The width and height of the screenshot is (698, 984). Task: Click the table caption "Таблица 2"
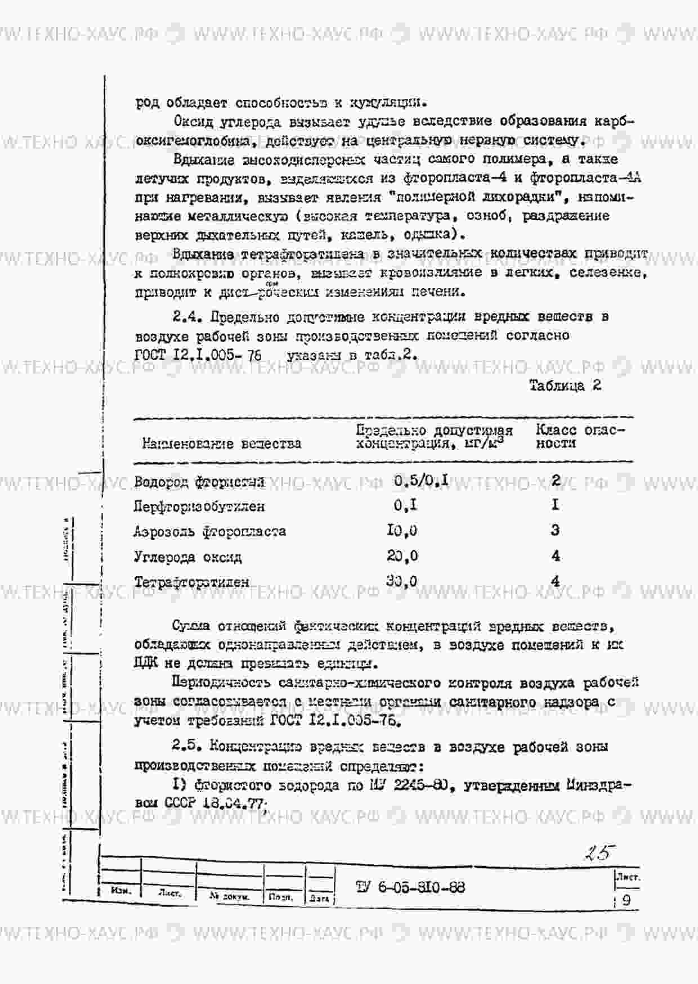coord(565,385)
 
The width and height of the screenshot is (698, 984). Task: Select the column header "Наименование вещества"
coord(221,443)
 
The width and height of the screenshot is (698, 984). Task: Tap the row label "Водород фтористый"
coord(199,482)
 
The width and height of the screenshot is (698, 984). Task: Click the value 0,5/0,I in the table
coord(421,480)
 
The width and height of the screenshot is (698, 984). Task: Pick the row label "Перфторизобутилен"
coord(199,506)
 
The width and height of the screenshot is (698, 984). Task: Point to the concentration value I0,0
coord(402,531)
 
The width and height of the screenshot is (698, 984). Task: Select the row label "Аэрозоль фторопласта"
coord(209,532)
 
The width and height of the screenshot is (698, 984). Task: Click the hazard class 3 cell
coord(556,530)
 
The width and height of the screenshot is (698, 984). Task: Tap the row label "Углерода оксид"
coord(187,557)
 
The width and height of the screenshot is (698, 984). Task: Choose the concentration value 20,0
coord(402,556)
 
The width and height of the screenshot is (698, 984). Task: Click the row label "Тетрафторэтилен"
coord(191,582)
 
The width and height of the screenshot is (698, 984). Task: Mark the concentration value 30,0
coord(402,581)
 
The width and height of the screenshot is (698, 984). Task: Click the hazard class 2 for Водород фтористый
coord(556,480)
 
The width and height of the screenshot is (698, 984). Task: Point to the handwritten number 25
coord(597,853)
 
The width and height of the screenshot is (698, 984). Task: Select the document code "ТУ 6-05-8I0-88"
coord(410,887)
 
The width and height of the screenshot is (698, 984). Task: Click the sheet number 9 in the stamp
coord(627,900)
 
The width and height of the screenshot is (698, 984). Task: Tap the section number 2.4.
coord(187,317)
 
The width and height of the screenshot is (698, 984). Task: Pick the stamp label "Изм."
coord(120,891)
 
